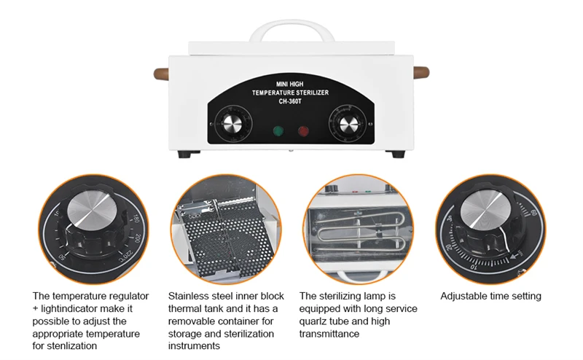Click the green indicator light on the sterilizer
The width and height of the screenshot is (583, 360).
278,131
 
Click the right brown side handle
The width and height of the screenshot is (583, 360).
419,74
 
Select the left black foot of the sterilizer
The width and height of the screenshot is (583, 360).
186,154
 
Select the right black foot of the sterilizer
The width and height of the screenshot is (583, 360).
398,154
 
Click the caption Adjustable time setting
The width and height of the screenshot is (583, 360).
490,296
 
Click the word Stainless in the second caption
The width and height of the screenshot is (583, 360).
189,297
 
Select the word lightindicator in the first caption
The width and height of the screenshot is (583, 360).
75,309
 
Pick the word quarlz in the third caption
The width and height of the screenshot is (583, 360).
316,321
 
